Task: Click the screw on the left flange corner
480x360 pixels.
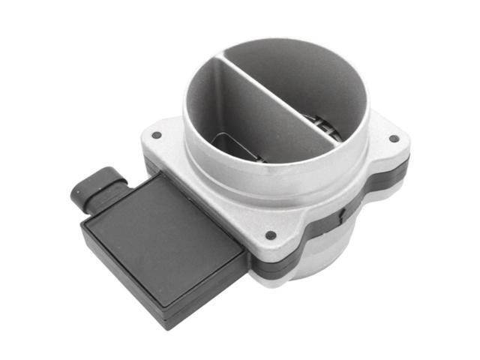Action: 157,135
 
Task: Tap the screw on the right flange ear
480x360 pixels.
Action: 394,138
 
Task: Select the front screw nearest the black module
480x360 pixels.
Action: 270,235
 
